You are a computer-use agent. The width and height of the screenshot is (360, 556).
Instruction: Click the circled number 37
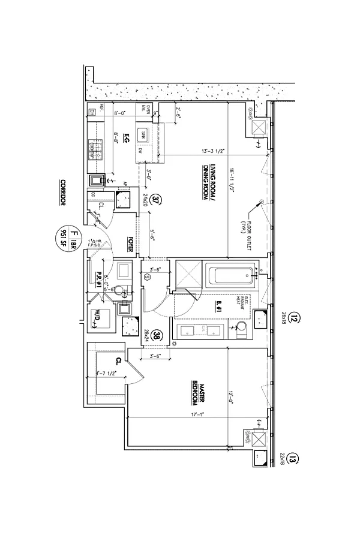pyautogui.click(x=156, y=200)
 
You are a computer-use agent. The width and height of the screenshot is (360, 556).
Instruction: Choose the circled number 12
pyautogui.click(x=293, y=320)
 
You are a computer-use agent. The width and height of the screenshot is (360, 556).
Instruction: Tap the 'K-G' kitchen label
pyautogui.click(x=127, y=138)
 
